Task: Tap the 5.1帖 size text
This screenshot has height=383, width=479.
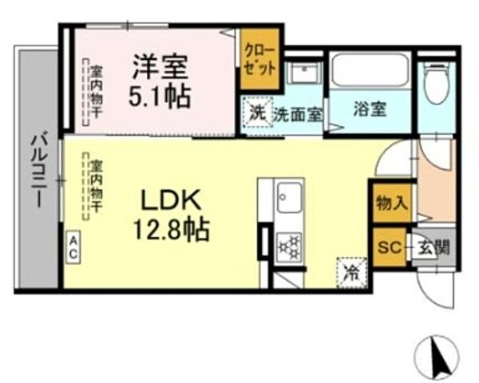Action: (x=161, y=97)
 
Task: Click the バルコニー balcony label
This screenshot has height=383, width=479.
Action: (x=38, y=171)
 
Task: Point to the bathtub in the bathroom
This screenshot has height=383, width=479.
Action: (x=370, y=71)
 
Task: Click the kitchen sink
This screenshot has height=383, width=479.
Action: (x=288, y=197)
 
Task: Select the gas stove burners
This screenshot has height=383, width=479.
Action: (x=288, y=245)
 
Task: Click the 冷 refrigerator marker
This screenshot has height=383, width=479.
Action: (x=350, y=271)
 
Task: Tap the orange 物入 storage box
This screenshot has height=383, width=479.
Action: (x=391, y=203)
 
